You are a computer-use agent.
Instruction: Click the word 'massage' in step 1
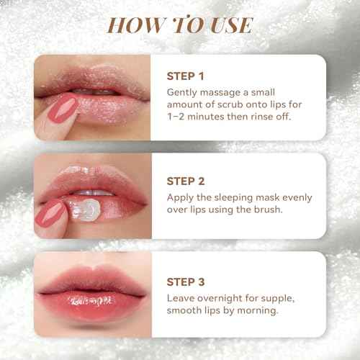click(x=224, y=93)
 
